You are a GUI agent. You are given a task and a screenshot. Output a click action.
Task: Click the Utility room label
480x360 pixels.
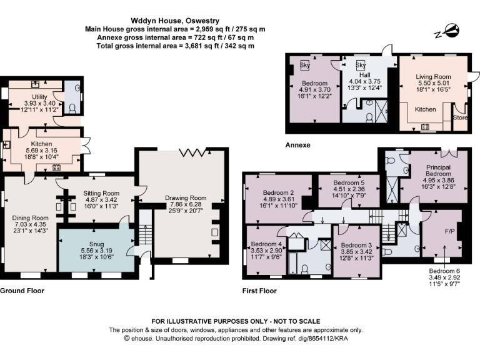(39, 97)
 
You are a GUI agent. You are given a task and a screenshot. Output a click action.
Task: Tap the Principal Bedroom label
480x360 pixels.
(434, 171)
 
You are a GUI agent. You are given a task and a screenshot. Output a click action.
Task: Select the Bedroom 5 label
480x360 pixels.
(349, 183)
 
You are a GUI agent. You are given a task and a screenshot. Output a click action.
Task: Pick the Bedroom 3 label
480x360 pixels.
(356, 245)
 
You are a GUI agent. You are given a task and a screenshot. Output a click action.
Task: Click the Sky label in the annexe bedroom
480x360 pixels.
(306, 64)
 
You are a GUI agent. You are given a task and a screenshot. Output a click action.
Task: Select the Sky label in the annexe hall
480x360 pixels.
(361, 64)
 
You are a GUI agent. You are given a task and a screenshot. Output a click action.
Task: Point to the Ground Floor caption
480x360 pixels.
(22, 291)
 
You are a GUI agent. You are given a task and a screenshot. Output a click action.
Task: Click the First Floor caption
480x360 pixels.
(259, 291)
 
